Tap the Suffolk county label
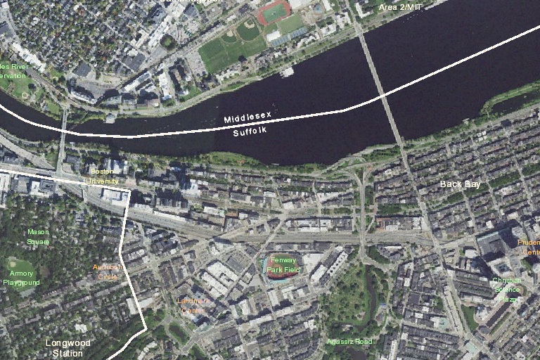point(250,131)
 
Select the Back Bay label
point(460,184)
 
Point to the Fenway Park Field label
point(284,264)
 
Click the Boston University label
point(103,176)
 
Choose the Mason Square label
point(38,237)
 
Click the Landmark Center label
point(191,305)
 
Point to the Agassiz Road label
point(349,342)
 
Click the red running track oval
point(274,12)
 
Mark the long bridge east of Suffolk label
point(382,88)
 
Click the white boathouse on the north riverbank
point(286,72)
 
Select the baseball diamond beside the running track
point(247,30)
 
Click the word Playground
point(21,283)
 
